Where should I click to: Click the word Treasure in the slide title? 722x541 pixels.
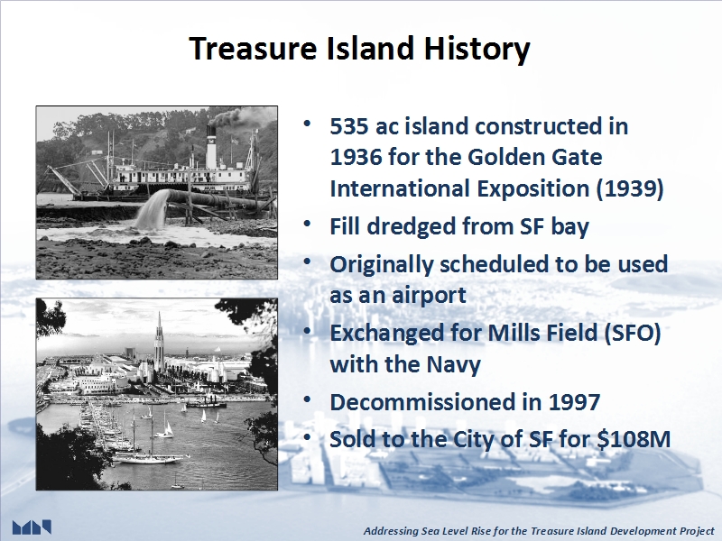tap(253, 48)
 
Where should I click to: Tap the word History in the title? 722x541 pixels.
tap(477, 49)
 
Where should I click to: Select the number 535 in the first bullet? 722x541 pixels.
tap(349, 126)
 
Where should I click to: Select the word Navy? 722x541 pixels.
tap(454, 364)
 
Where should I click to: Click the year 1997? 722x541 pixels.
tap(574, 402)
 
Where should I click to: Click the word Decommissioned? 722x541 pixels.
tap(436, 402)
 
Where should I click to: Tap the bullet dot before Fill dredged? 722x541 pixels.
tap(308, 224)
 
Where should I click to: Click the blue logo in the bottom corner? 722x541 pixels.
tap(32, 527)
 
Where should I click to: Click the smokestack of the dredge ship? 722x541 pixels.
tap(211, 146)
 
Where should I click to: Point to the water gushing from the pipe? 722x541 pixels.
tap(152, 210)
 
